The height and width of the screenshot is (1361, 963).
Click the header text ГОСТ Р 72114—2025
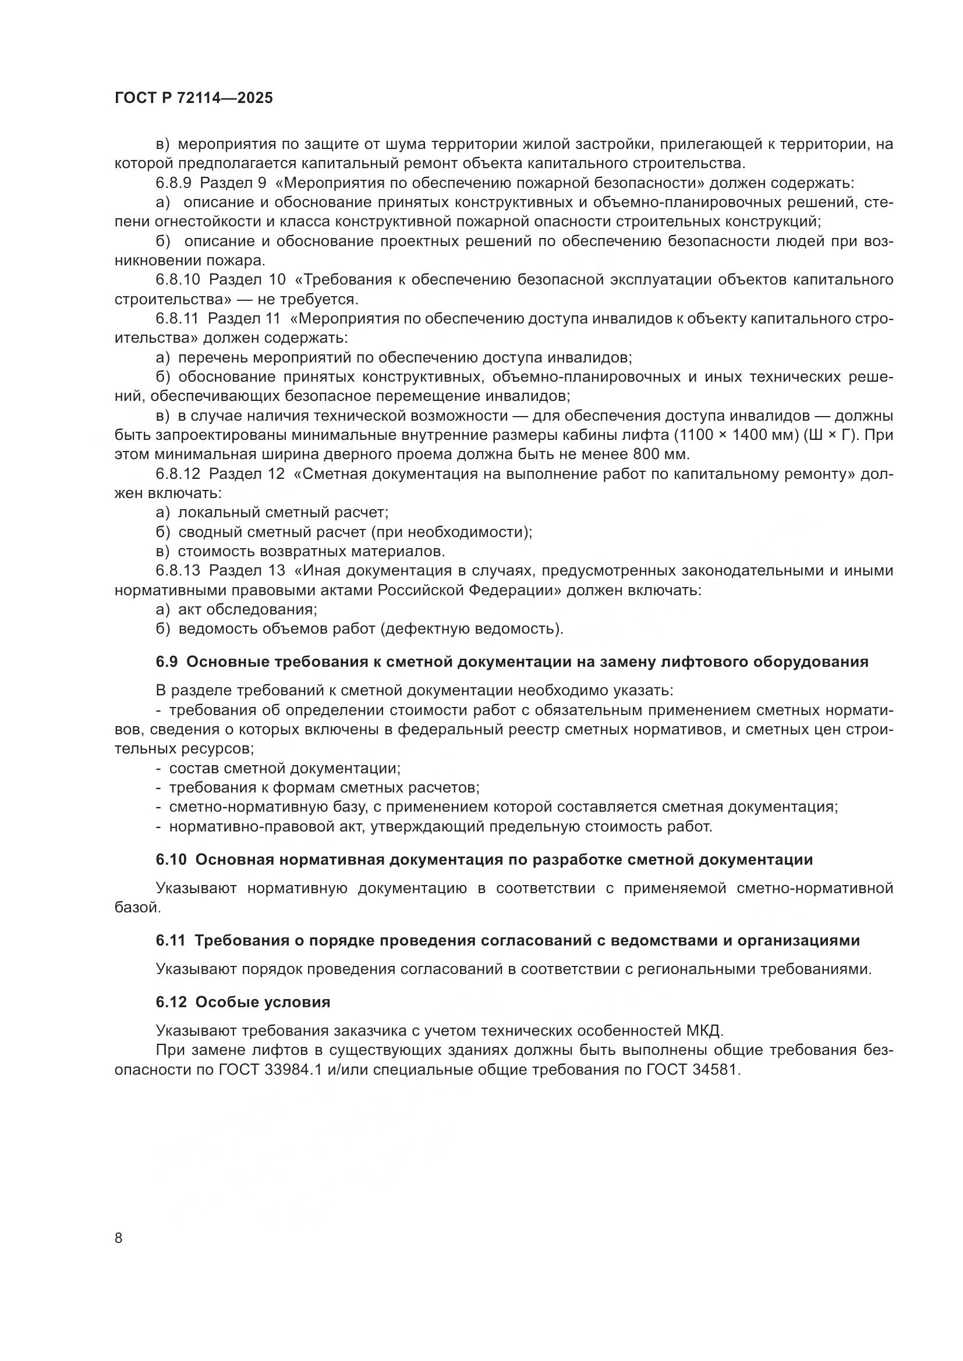(x=194, y=98)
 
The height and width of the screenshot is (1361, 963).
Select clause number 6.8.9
(x=174, y=183)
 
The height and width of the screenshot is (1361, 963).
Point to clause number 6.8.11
(x=178, y=319)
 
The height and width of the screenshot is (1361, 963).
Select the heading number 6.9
(x=167, y=662)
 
